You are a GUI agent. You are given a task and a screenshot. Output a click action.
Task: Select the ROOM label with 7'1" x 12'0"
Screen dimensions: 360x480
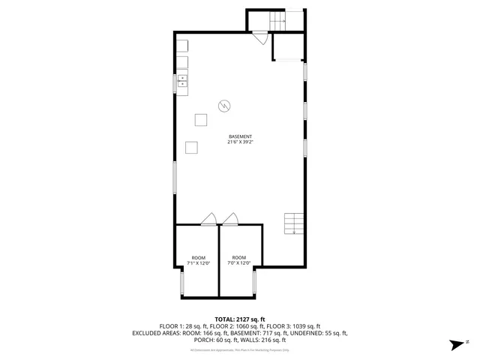(x=198, y=257)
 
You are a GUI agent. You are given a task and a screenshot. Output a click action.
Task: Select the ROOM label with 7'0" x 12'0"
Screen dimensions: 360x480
(x=239, y=257)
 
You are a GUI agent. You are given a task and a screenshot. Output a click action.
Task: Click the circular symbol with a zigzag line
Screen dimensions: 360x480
(x=223, y=106)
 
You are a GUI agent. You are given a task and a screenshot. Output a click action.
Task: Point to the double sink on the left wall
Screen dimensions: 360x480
(x=182, y=82)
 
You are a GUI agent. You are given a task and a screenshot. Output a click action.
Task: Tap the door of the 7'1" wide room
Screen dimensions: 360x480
(x=208, y=219)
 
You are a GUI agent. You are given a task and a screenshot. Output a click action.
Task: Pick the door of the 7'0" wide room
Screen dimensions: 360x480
(x=229, y=219)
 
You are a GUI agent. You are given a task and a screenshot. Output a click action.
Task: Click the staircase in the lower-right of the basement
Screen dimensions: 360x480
(x=295, y=223)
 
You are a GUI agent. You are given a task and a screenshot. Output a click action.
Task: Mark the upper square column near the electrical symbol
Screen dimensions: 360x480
(x=201, y=119)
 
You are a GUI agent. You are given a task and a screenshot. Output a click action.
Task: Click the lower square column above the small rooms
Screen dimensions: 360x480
(x=192, y=147)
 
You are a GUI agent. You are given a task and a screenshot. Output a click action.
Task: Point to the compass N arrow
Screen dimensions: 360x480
(x=457, y=344)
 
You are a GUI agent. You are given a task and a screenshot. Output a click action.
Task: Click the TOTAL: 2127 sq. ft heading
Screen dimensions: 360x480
(x=239, y=319)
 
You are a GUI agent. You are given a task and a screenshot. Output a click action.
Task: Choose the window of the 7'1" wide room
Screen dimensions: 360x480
(x=181, y=283)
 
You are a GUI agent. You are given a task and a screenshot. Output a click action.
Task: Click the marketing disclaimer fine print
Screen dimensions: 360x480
(x=239, y=349)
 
